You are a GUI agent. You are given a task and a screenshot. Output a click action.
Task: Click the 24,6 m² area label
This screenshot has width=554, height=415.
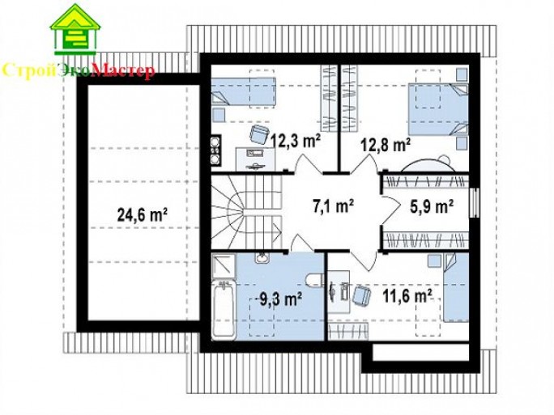coord(142,214)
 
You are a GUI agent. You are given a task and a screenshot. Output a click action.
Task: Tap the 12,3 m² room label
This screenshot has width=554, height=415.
coord(296,140)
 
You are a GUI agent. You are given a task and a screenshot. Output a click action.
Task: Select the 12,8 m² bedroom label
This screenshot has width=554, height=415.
coord(386,144)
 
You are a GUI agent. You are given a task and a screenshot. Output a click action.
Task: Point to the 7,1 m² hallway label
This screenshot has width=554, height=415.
coord(333,205)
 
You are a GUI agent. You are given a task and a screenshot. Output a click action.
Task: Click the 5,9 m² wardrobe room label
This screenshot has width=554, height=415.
coord(432,206)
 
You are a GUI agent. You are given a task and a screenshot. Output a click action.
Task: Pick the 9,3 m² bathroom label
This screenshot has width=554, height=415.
coord(280,299)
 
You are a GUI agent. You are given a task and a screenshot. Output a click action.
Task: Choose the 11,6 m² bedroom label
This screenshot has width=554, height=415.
coord(407,295)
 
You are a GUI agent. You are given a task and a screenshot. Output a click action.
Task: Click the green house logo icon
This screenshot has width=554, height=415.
coord(75,30)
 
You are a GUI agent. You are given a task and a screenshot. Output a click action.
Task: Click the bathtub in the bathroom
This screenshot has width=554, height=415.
coord(224,310)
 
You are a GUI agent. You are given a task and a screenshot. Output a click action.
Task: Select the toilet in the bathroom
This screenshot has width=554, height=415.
coord(314,279)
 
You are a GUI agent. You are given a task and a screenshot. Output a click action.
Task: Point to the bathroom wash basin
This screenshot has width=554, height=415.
coord(262,258)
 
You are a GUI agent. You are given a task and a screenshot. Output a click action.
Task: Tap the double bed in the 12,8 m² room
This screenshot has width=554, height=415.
coord(438,109)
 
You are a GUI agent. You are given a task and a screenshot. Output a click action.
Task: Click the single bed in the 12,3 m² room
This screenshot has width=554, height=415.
coord(243,91)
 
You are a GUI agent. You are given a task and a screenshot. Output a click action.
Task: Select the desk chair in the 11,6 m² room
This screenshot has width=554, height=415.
coord(361,294)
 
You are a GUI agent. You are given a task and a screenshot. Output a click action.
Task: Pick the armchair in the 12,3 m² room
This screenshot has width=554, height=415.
coord(260,134)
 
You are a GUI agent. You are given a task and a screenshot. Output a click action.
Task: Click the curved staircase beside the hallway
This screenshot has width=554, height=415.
coord(246,213)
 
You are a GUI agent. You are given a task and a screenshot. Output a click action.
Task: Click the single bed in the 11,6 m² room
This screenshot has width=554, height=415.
coord(456,288)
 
